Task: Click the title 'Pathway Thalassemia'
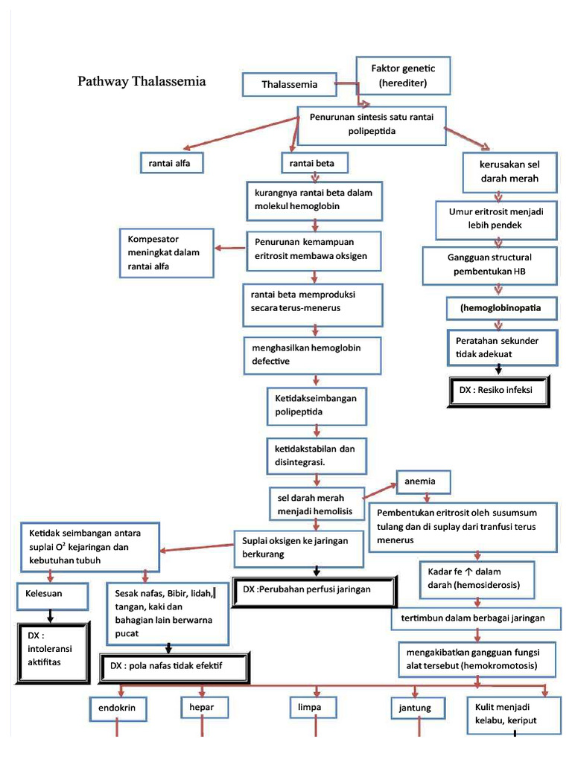[x=142, y=81]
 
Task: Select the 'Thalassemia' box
[x=290, y=84]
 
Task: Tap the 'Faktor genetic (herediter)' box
[x=403, y=75]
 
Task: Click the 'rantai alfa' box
[x=171, y=162]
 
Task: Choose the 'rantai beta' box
[x=314, y=162]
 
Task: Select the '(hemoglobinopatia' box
[x=500, y=307]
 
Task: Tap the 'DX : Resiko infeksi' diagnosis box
[x=500, y=390]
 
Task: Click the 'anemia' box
[x=425, y=482]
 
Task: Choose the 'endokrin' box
[x=117, y=707]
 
